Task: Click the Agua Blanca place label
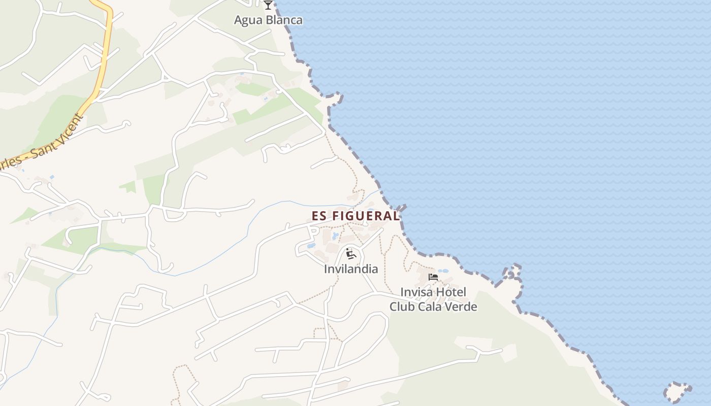pyautogui.click(x=268, y=20)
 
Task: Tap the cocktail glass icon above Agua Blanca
pyautogui.click(x=268, y=5)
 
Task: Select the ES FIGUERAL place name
pyautogui.click(x=355, y=216)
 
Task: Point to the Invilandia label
pyautogui.click(x=351, y=269)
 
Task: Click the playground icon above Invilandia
pyautogui.click(x=350, y=253)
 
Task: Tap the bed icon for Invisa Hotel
pyautogui.click(x=433, y=277)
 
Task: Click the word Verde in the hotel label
pyautogui.click(x=461, y=307)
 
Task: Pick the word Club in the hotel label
pyautogui.click(x=402, y=307)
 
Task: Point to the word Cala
pyautogui.click(x=430, y=307)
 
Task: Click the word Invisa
pyautogui.click(x=415, y=293)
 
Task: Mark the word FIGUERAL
pyautogui.click(x=365, y=216)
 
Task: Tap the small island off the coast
pyautogui.click(x=677, y=392)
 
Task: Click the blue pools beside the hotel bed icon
pyautogui.click(x=443, y=271)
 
